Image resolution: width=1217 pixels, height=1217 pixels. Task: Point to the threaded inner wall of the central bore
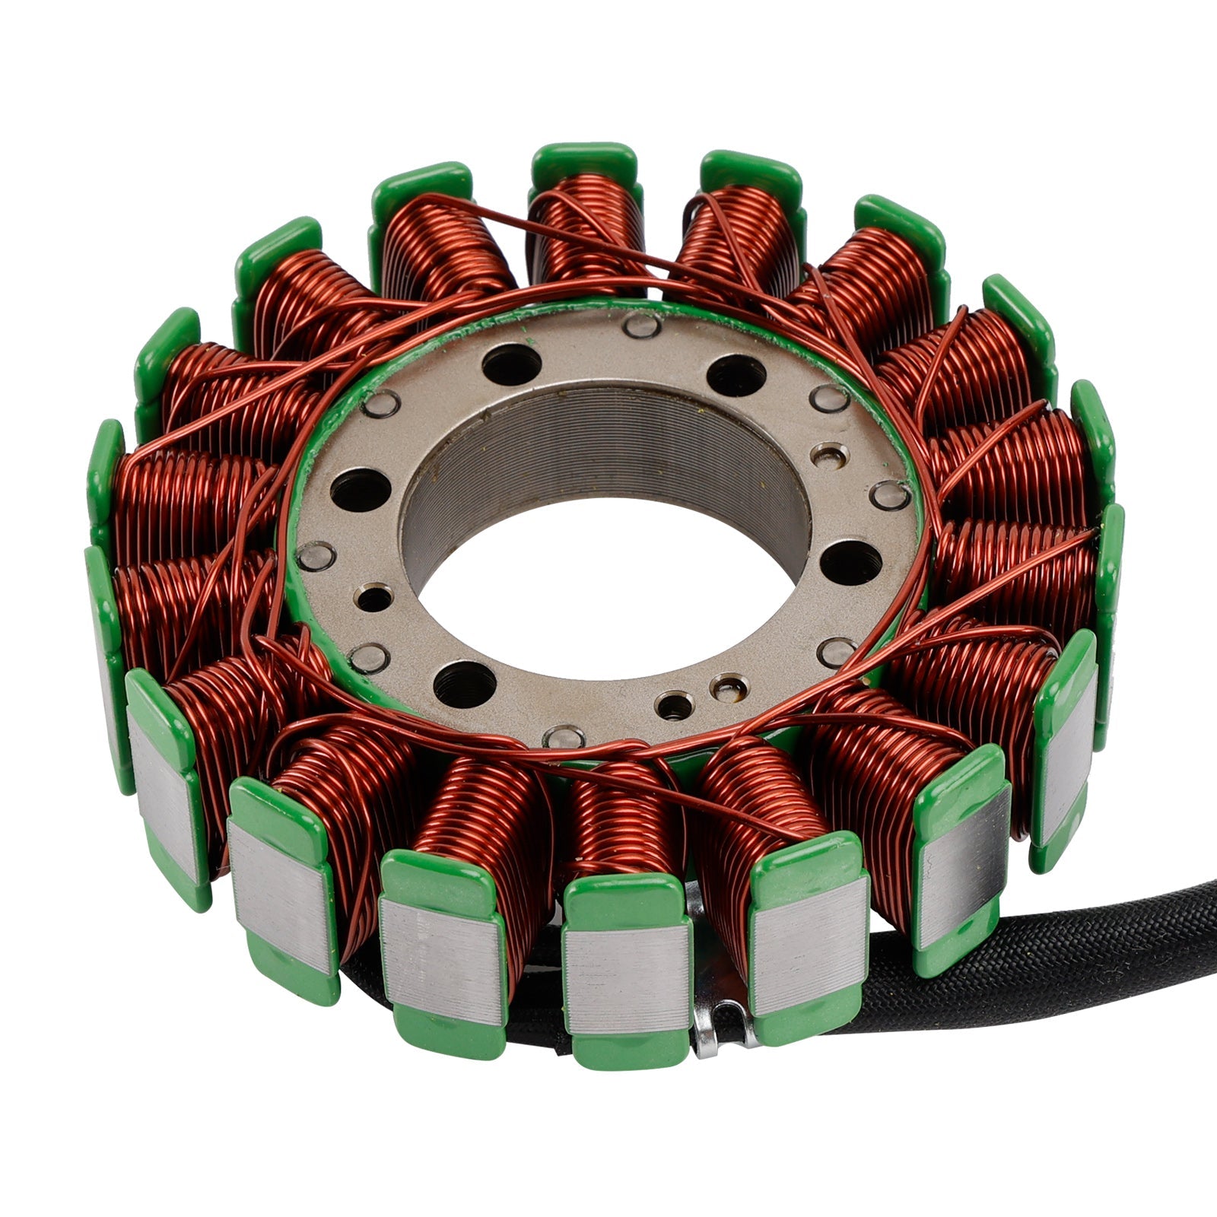pos(601,449)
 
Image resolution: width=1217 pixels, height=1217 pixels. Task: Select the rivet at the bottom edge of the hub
pos(564,736)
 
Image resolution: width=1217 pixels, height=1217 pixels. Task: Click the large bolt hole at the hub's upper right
pos(736,375)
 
